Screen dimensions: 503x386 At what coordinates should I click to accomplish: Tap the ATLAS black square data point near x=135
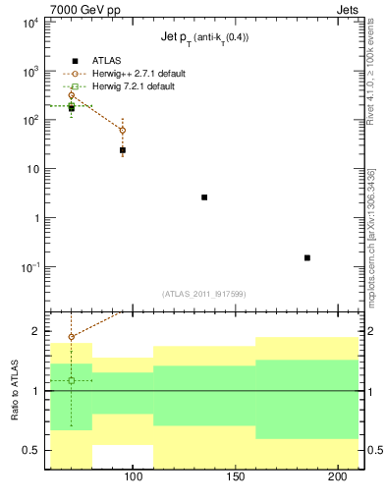204,197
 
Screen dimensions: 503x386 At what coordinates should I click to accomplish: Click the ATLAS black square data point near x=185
307,257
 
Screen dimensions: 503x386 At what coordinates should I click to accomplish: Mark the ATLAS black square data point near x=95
122,150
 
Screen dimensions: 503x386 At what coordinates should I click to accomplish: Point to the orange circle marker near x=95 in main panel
122,130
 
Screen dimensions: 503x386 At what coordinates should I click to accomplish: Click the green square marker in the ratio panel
71,380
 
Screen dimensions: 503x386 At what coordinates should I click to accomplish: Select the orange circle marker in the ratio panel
71,336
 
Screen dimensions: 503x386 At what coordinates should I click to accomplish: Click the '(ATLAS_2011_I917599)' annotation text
204,293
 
